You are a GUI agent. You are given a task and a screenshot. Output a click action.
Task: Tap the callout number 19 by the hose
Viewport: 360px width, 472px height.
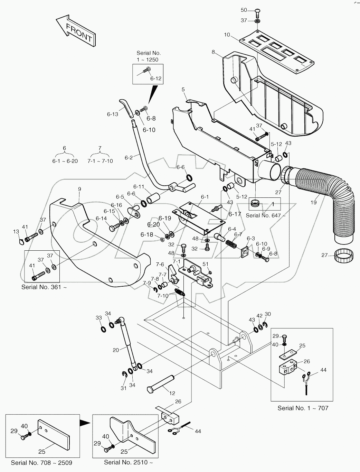click(313, 203)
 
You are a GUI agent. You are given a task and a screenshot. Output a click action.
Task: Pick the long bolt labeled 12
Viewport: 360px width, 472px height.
click(161, 383)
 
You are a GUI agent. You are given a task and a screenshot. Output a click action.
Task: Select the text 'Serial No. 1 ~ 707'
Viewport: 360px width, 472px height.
click(303, 408)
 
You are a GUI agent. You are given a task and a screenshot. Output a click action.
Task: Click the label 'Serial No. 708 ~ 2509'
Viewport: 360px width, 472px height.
click(41, 462)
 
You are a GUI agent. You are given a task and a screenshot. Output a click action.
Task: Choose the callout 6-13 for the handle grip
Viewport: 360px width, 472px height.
click(113, 114)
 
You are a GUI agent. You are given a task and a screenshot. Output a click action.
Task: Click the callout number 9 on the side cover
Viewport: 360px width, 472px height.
click(79, 189)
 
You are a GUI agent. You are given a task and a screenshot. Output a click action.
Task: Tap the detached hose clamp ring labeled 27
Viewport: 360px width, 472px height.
click(344, 257)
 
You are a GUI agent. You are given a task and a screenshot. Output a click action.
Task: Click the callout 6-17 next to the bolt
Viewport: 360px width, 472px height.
click(235, 214)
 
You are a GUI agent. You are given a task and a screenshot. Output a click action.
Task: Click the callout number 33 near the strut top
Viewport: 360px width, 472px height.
click(99, 317)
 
